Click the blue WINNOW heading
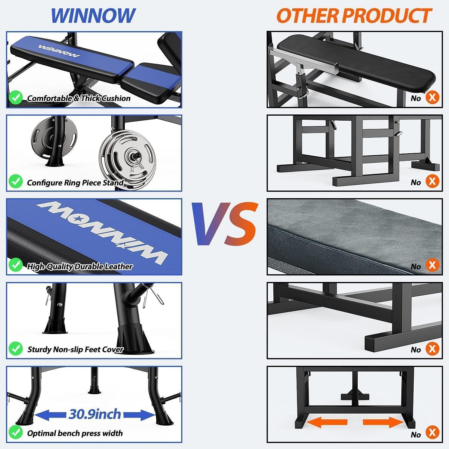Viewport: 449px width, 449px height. [x=93, y=16]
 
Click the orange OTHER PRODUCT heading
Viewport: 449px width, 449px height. [x=354, y=16]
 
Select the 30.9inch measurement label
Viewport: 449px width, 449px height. [x=95, y=414]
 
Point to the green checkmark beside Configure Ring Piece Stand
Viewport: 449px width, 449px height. [x=16, y=181]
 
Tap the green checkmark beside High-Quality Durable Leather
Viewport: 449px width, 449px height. [x=16, y=265]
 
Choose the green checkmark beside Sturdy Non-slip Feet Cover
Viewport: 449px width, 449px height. [x=16, y=349]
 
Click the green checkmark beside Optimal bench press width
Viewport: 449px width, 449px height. [x=16, y=433]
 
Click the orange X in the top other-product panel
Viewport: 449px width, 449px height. [x=432, y=97]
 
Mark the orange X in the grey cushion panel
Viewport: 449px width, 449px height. [x=432, y=265]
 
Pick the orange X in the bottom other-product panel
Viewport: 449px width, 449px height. [x=432, y=433]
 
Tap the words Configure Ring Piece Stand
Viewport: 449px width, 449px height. [x=75, y=183]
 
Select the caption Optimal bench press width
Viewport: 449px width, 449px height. [x=75, y=433]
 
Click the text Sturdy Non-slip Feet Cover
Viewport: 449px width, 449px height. [x=75, y=349]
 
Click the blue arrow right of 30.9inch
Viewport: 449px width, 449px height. [x=139, y=415]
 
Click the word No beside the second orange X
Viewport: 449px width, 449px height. [x=416, y=182]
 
